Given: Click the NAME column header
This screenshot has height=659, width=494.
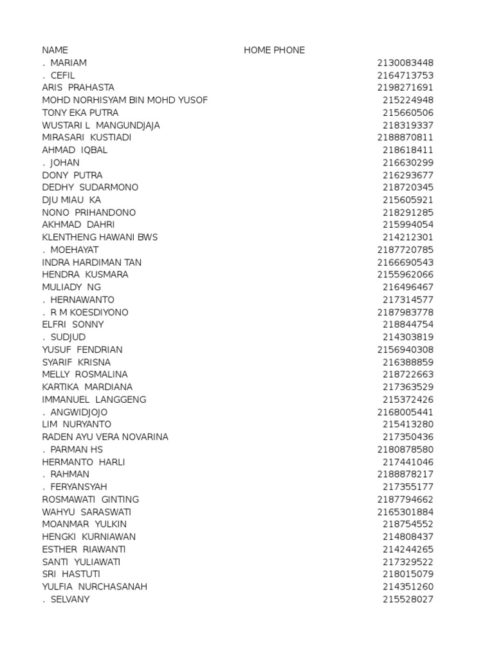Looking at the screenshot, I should pyautogui.click(x=55, y=50).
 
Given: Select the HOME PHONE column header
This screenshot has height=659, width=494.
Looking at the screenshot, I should pyautogui.click(x=274, y=50).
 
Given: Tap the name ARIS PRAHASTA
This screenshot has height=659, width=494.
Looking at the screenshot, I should pyautogui.click(x=78, y=88).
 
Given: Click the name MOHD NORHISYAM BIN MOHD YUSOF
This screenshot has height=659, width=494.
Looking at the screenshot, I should pyautogui.click(x=125, y=100).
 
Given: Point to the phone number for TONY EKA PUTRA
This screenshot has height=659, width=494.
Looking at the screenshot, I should pyautogui.click(x=408, y=113).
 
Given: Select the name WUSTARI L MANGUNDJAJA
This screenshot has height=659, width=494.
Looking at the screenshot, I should pyautogui.click(x=101, y=125).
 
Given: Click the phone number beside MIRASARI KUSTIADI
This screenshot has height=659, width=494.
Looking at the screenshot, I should pyautogui.click(x=405, y=138).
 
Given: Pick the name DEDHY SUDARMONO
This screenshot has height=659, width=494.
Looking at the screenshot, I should pyautogui.click(x=90, y=187).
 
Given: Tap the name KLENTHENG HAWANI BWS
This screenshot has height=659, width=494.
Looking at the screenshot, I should pyautogui.click(x=100, y=237).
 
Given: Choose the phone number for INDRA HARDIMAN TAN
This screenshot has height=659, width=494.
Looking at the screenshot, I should pyautogui.click(x=405, y=263).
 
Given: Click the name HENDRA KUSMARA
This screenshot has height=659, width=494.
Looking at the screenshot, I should pyautogui.click(x=85, y=275).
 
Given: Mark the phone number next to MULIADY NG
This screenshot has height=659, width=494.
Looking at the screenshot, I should pyautogui.click(x=408, y=287).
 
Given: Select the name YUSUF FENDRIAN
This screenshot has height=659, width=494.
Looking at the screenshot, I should pyautogui.click(x=82, y=349).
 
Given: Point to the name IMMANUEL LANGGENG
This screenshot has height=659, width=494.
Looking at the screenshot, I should pyautogui.click(x=94, y=400).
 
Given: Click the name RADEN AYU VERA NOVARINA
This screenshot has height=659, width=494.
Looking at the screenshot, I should pyautogui.click(x=105, y=437).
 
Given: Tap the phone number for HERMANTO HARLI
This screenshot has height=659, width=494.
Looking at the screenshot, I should pyautogui.click(x=408, y=462).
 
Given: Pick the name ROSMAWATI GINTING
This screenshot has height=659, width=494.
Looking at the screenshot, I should pyautogui.click(x=90, y=499).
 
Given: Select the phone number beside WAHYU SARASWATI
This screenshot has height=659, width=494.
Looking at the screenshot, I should pyautogui.click(x=405, y=512).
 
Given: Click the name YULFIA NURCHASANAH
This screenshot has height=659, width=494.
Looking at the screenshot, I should pyautogui.click(x=95, y=587).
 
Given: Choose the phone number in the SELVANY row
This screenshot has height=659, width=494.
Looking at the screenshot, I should pyautogui.click(x=408, y=600).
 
